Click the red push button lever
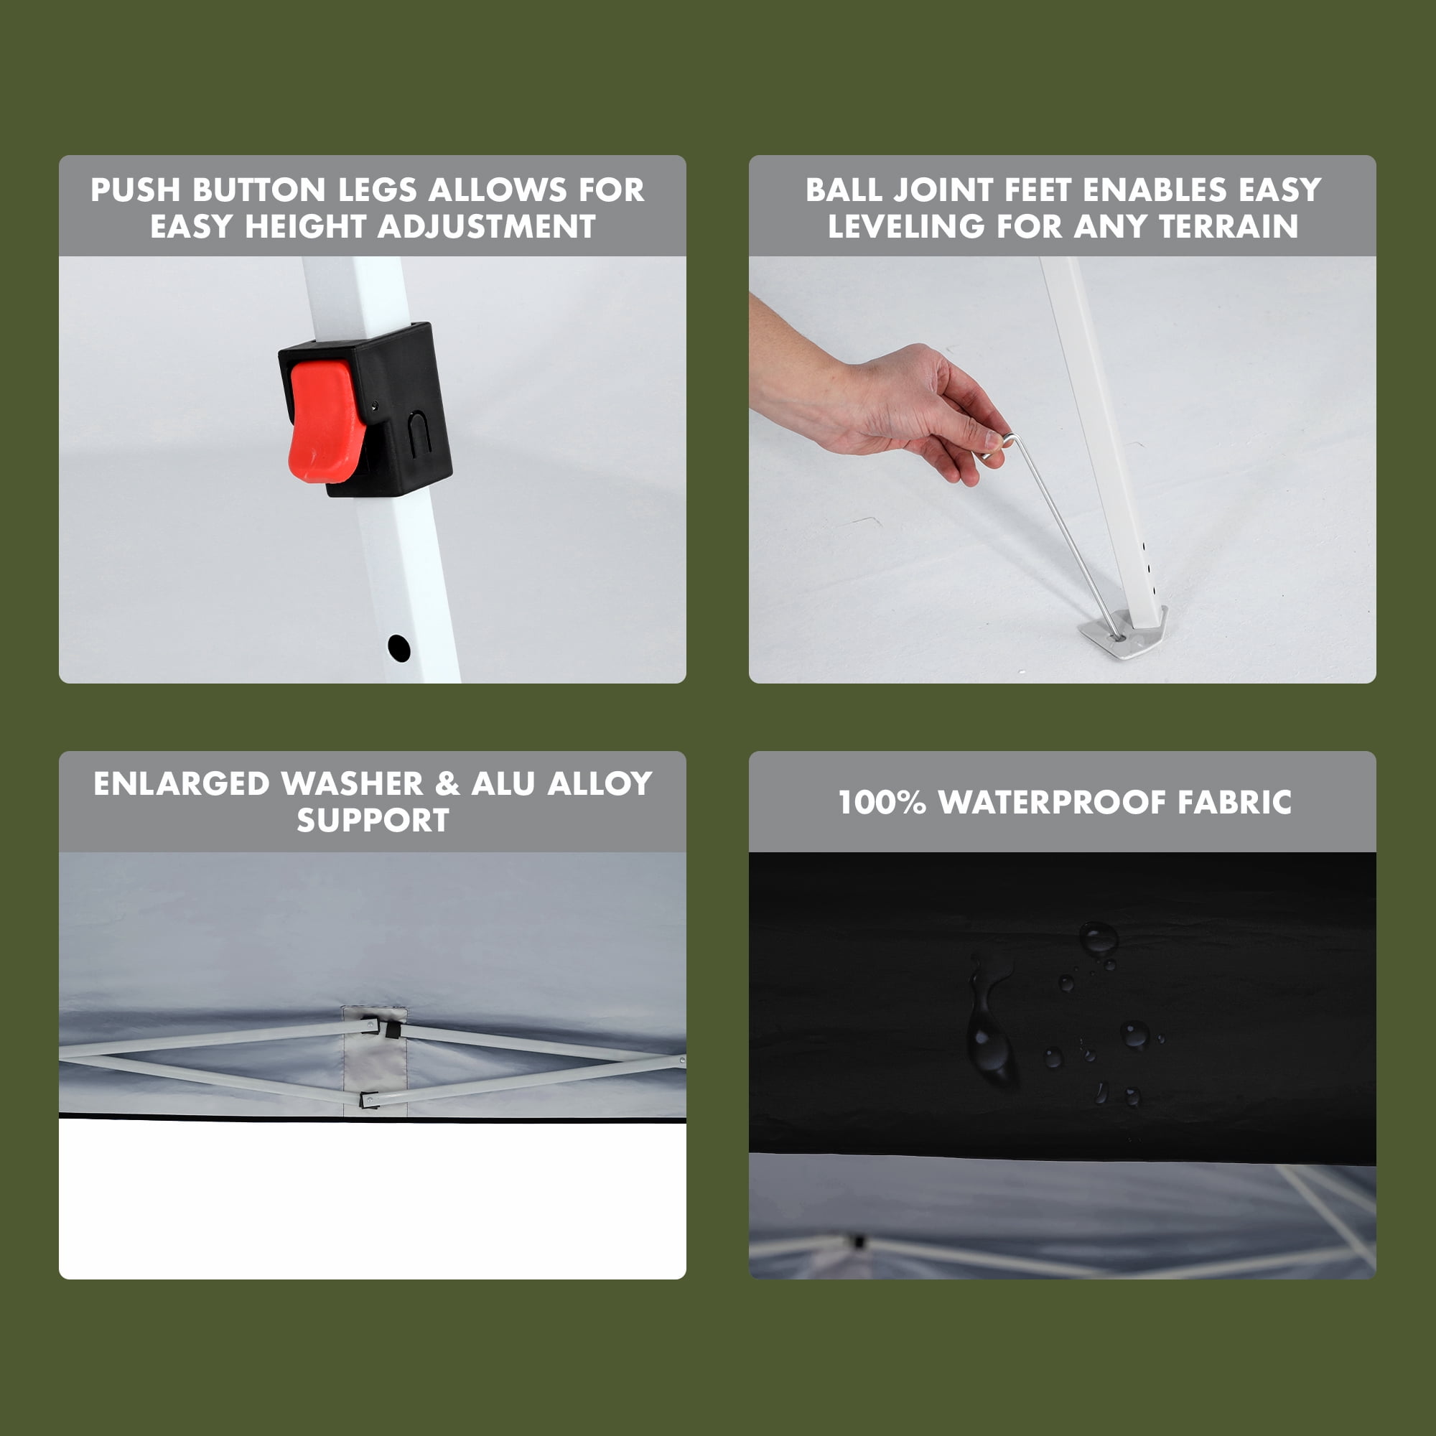[x=325, y=421]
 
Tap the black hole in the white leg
[x=399, y=648]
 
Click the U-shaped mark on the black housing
[x=420, y=434]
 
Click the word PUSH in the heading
[x=135, y=190]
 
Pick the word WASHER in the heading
[x=352, y=784]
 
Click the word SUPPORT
[x=373, y=821]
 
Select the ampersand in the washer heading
[x=447, y=784]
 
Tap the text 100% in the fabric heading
[x=882, y=803]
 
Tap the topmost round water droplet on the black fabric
[x=1098, y=937]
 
